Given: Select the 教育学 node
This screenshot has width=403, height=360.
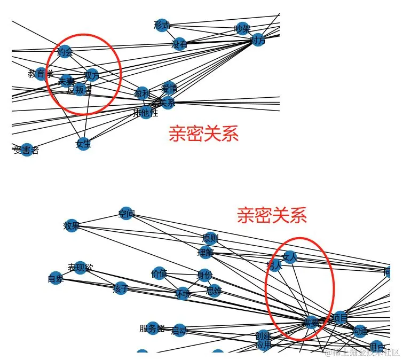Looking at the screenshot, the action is pos(42,73).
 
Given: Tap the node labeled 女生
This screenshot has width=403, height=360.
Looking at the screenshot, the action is pos(83,143).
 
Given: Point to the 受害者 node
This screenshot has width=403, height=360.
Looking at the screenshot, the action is pos(27,150).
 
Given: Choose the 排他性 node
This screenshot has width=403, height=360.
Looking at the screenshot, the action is pos(146,113).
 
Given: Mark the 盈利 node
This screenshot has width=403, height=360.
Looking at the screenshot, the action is pos(142,93).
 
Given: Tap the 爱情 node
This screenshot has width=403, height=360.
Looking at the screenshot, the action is pos(169,88).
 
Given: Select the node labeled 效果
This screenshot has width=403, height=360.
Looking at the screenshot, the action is pos(72,225).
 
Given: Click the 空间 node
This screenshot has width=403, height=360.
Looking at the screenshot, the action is pos(127,214).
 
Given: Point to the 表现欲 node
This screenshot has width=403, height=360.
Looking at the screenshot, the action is pos(80,267).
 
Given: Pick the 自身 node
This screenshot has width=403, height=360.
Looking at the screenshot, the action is pos(56,278).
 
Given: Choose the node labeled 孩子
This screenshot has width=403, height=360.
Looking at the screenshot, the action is pos(121,288).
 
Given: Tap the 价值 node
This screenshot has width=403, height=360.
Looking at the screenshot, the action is pos(160,273).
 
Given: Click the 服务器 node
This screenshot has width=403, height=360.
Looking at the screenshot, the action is pos(153,328).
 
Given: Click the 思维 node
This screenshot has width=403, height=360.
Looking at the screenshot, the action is pos(214,292).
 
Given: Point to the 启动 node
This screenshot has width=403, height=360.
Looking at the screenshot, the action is pos(179,331).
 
